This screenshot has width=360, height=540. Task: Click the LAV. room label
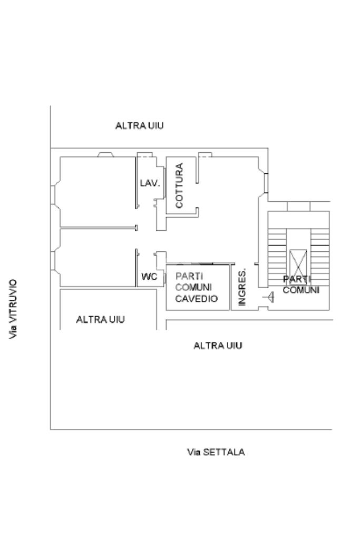pyautogui.click(x=150, y=183)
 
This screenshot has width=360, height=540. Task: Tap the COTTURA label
pyautogui.click(x=179, y=185)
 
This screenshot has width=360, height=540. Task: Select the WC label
pyautogui.click(x=149, y=277)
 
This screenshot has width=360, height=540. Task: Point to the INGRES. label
pyautogui.click(x=242, y=287)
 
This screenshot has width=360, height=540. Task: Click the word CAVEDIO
pyautogui.click(x=197, y=299)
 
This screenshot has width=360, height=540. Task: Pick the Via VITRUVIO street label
pyautogui.click(x=13, y=309)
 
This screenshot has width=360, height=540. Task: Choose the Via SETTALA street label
pyautogui.click(x=216, y=452)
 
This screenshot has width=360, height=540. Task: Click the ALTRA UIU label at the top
pyautogui.click(x=140, y=126)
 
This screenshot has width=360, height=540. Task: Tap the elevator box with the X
pyautogui.click(x=298, y=263)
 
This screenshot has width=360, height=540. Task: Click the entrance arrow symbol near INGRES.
pyautogui.click(x=269, y=297)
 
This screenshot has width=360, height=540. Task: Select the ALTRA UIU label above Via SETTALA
pyautogui.click(x=218, y=346)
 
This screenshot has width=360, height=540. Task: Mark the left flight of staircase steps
pyautogui.click(x=277, y=257)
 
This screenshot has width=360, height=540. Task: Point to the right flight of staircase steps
pyautogui.click(x=320, y=257)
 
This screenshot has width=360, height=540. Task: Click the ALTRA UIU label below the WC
pyautogui.click(x=100, y=320)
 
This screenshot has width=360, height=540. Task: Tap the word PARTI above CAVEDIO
pyautogui.click(x=189, y=276)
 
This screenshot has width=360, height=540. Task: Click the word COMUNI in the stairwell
pyautogui.click(x=301, y=290)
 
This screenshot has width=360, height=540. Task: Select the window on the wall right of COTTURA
pyautogui.click(x=266, y=183)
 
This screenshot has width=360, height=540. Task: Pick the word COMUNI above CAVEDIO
pyautogui.click(x=193, y=287)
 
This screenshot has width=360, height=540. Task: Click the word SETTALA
pyautogui.click(x=224, y=452)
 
